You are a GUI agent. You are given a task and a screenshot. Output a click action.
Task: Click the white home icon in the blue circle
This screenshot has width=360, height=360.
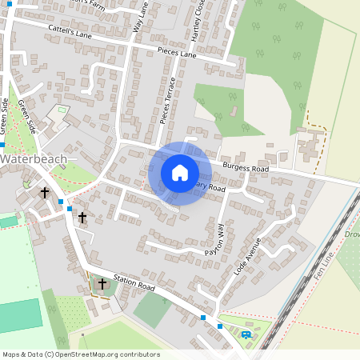click(180, 172)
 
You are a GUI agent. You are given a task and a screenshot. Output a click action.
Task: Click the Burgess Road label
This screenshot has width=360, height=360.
click(247, 168)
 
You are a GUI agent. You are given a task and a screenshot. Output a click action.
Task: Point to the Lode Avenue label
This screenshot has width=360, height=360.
click(248, 256)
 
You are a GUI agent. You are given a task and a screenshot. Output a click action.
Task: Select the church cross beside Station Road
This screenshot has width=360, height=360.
click(102, 283)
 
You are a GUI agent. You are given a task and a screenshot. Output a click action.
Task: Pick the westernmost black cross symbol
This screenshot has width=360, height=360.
click(45, 193)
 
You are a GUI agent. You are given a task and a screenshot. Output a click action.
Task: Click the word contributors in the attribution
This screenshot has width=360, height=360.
click(137, 354)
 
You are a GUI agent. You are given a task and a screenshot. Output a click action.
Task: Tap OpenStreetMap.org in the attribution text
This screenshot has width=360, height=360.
click(83, 354)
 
